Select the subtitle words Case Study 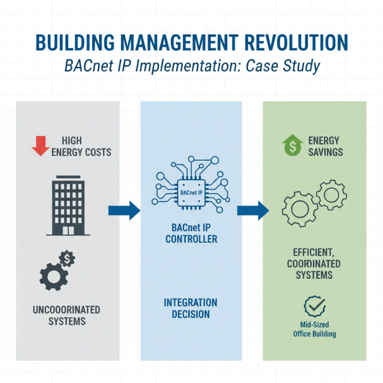click(x=282, y=66)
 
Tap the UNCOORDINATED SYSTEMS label click(x=67, y=315)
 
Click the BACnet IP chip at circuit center click(x=191, y=193)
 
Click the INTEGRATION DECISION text click(x=191, y=308)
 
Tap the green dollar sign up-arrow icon click(x=291, y=146)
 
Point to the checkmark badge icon click(x=315, y=306)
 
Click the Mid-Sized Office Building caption click(x=315, y=329)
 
